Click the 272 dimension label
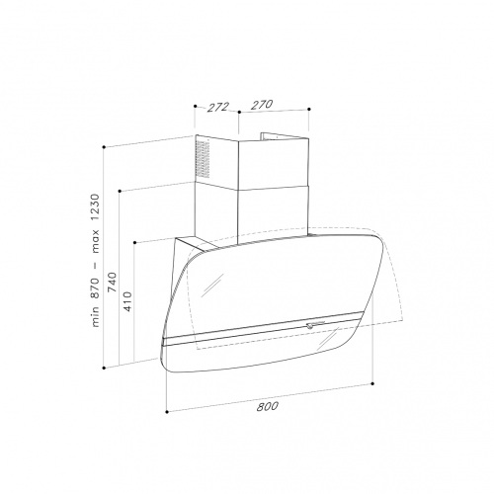click(x=217, y=107)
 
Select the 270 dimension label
click(x=262, y=105)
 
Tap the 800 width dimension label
click(x=267, y=406)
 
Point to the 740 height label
click(x=113, y=282)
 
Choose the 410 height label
click(x=128, y=301)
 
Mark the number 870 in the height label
click(x=95, y=288)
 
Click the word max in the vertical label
click(x=95, y=241)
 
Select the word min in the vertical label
click(x=95, y=316)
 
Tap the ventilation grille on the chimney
click(x=203, y=159)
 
